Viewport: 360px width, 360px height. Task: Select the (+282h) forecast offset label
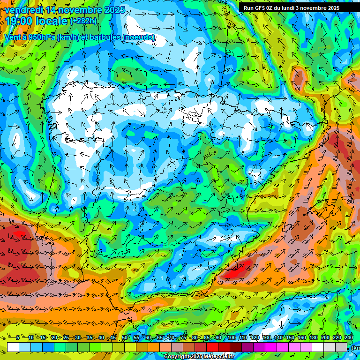[84, 21]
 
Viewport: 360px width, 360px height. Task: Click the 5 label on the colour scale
[17, 338]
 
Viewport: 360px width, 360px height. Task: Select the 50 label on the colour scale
[124, 338]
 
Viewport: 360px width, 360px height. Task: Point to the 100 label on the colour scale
[231, 338]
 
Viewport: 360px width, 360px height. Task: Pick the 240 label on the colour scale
[348, 338]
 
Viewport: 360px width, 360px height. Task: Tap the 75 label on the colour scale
[183, 338]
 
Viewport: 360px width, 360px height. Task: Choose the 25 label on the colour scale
[66, 338]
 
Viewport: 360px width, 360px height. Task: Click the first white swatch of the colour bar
[13, 347]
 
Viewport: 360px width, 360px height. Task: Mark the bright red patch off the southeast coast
[238, 270]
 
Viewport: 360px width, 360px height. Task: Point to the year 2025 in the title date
[114, 10]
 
